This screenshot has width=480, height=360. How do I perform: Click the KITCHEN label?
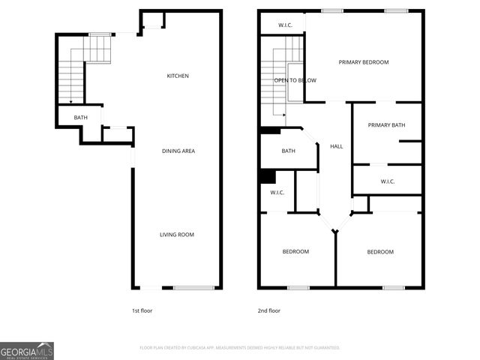178,76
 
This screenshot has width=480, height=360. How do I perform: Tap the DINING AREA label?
178,151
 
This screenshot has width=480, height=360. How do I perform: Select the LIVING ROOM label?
177,235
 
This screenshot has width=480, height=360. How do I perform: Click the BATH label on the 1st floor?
81,118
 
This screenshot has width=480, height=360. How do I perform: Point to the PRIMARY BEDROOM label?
364,62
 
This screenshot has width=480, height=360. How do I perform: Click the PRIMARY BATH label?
386,125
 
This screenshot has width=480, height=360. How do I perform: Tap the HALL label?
337,146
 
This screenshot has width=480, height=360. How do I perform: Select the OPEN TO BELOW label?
295,80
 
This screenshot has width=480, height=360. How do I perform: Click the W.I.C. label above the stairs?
285,25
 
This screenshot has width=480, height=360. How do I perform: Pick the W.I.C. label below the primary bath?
388,181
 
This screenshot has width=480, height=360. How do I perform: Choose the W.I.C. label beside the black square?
277,193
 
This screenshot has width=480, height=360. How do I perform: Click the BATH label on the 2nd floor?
289,151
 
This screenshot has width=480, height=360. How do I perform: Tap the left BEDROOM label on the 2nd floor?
295,252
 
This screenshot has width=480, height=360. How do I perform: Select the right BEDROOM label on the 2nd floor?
380,252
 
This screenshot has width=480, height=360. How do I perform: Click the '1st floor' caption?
142,310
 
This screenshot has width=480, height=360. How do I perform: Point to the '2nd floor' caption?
268,310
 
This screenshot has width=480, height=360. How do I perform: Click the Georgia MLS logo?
27,350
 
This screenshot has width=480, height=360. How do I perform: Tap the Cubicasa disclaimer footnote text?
240,348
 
